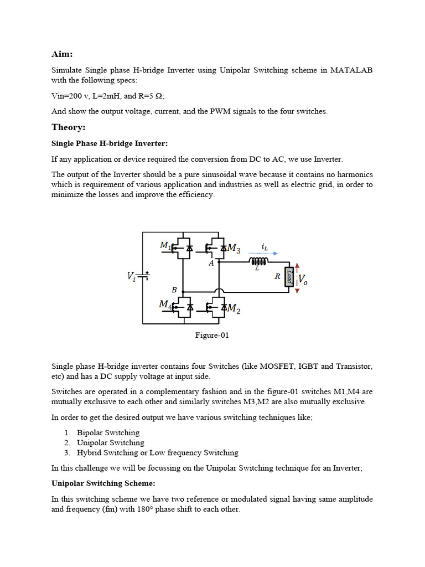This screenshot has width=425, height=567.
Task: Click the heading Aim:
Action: click(x=62, y=54)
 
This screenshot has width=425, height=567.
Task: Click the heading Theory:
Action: click(x=69, y=127)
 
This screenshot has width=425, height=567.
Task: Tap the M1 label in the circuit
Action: click(x=165, y=245)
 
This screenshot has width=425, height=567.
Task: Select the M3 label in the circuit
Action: click(x=234, y=249)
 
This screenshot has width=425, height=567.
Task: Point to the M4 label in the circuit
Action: click(x=165, y=304)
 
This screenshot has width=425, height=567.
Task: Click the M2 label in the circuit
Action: click(x=234, y=308)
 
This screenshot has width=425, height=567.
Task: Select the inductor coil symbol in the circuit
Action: click(x=258, y=261)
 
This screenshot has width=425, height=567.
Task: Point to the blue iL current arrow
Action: click(x=263, y=252)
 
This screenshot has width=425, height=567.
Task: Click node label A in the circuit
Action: click(x=211, y=264)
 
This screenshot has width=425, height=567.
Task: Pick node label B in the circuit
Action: click(x=174, y=289)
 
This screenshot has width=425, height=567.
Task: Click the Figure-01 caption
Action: click(x=212, y=335)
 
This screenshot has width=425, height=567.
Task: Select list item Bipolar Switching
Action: click(x=108, y=432)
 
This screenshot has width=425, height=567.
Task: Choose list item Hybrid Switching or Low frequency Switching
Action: click(x=157, y=452)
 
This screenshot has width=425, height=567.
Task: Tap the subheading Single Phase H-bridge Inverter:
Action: click(x=109, y=143)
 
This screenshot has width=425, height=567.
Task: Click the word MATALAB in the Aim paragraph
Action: click(x=351, y=70)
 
